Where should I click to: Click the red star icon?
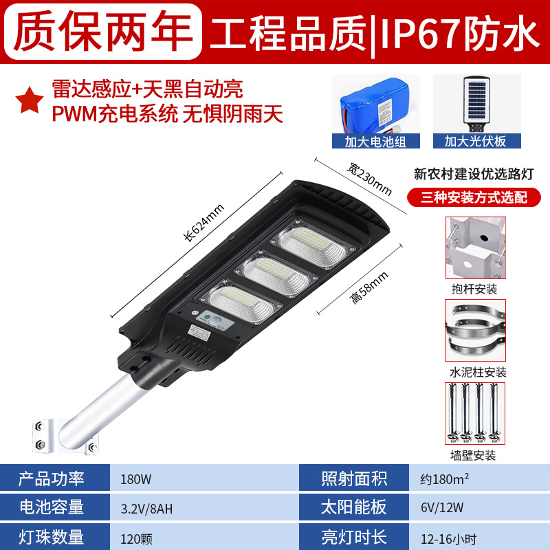tap(30, 100)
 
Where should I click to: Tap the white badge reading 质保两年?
tap(103, 31)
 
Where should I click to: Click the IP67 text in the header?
tap(420, 33)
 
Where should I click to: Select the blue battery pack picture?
tap(375, 104)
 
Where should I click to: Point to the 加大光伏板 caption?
tap(476, 142)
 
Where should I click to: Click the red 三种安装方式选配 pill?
tap(474, 197)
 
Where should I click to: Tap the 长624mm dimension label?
tap(203, 223)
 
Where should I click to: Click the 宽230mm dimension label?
tap(369, 179)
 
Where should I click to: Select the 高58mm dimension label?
tap(368, 287)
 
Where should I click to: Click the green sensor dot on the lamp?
tap(208, 317)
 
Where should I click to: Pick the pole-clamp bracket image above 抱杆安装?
tap(475, 248)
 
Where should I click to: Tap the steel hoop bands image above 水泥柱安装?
tap(475, 330)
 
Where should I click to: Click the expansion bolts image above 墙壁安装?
tap(475, 413)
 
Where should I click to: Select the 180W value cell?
tap(135, 479)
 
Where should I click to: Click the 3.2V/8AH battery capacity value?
tap(146, 509)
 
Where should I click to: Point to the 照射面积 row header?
tap(354, 478)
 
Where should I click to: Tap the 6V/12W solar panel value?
tap(442, 507)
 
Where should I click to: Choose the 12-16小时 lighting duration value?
tap(449, 539)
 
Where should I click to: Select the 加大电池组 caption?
tap(375, 142)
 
